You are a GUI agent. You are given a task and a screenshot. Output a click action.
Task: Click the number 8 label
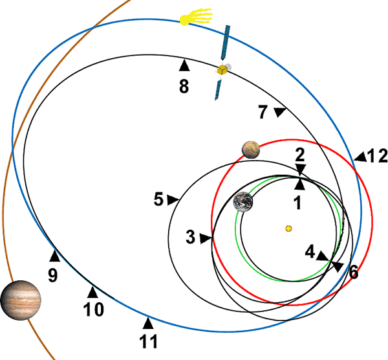point(184,85)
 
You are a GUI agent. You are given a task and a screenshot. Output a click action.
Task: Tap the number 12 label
point(376,155)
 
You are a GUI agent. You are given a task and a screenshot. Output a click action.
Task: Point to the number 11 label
point(148,340)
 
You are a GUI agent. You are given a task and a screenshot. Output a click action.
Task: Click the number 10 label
point(94,309)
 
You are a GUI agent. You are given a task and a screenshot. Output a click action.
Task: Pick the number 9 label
point(52,275)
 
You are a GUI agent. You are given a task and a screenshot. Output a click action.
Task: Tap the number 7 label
point(263,112)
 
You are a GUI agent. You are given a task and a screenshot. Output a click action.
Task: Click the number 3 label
point(190,238)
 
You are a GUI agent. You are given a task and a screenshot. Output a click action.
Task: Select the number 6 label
point(353,272)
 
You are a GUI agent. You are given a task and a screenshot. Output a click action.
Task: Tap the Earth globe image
point(243,202)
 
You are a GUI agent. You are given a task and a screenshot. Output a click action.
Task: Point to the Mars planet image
point(251,150)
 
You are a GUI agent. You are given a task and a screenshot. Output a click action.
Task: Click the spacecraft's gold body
point(222,69)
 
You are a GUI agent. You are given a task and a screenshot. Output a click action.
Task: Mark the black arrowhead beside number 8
point(184,65)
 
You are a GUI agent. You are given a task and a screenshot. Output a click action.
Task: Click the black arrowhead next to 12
point(360,156)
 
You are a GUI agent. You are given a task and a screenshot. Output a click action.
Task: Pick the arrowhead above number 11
point(148,322)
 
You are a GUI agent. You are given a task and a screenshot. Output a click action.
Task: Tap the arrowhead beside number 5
point(173,200)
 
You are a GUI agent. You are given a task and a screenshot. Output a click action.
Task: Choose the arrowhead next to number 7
point(279,113)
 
